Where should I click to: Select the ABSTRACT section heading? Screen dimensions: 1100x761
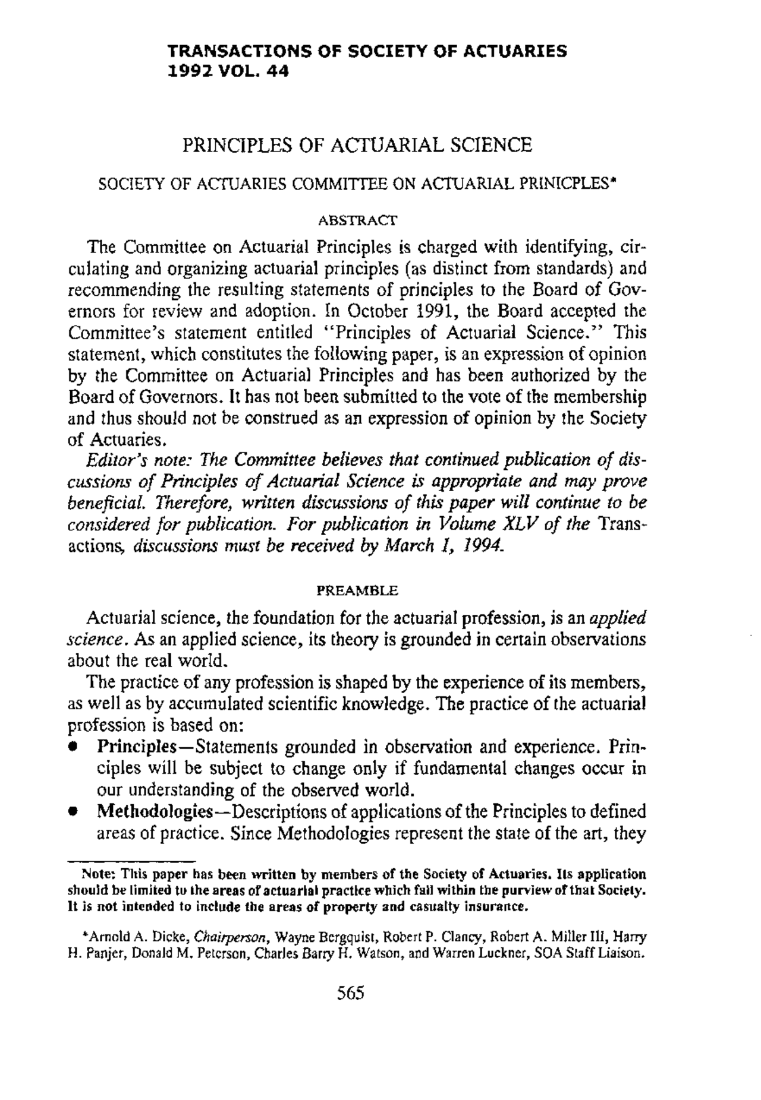(357, 221)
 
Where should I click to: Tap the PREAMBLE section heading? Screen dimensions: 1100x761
(357, 591)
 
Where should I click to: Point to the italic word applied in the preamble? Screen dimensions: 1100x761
(618, 618)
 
